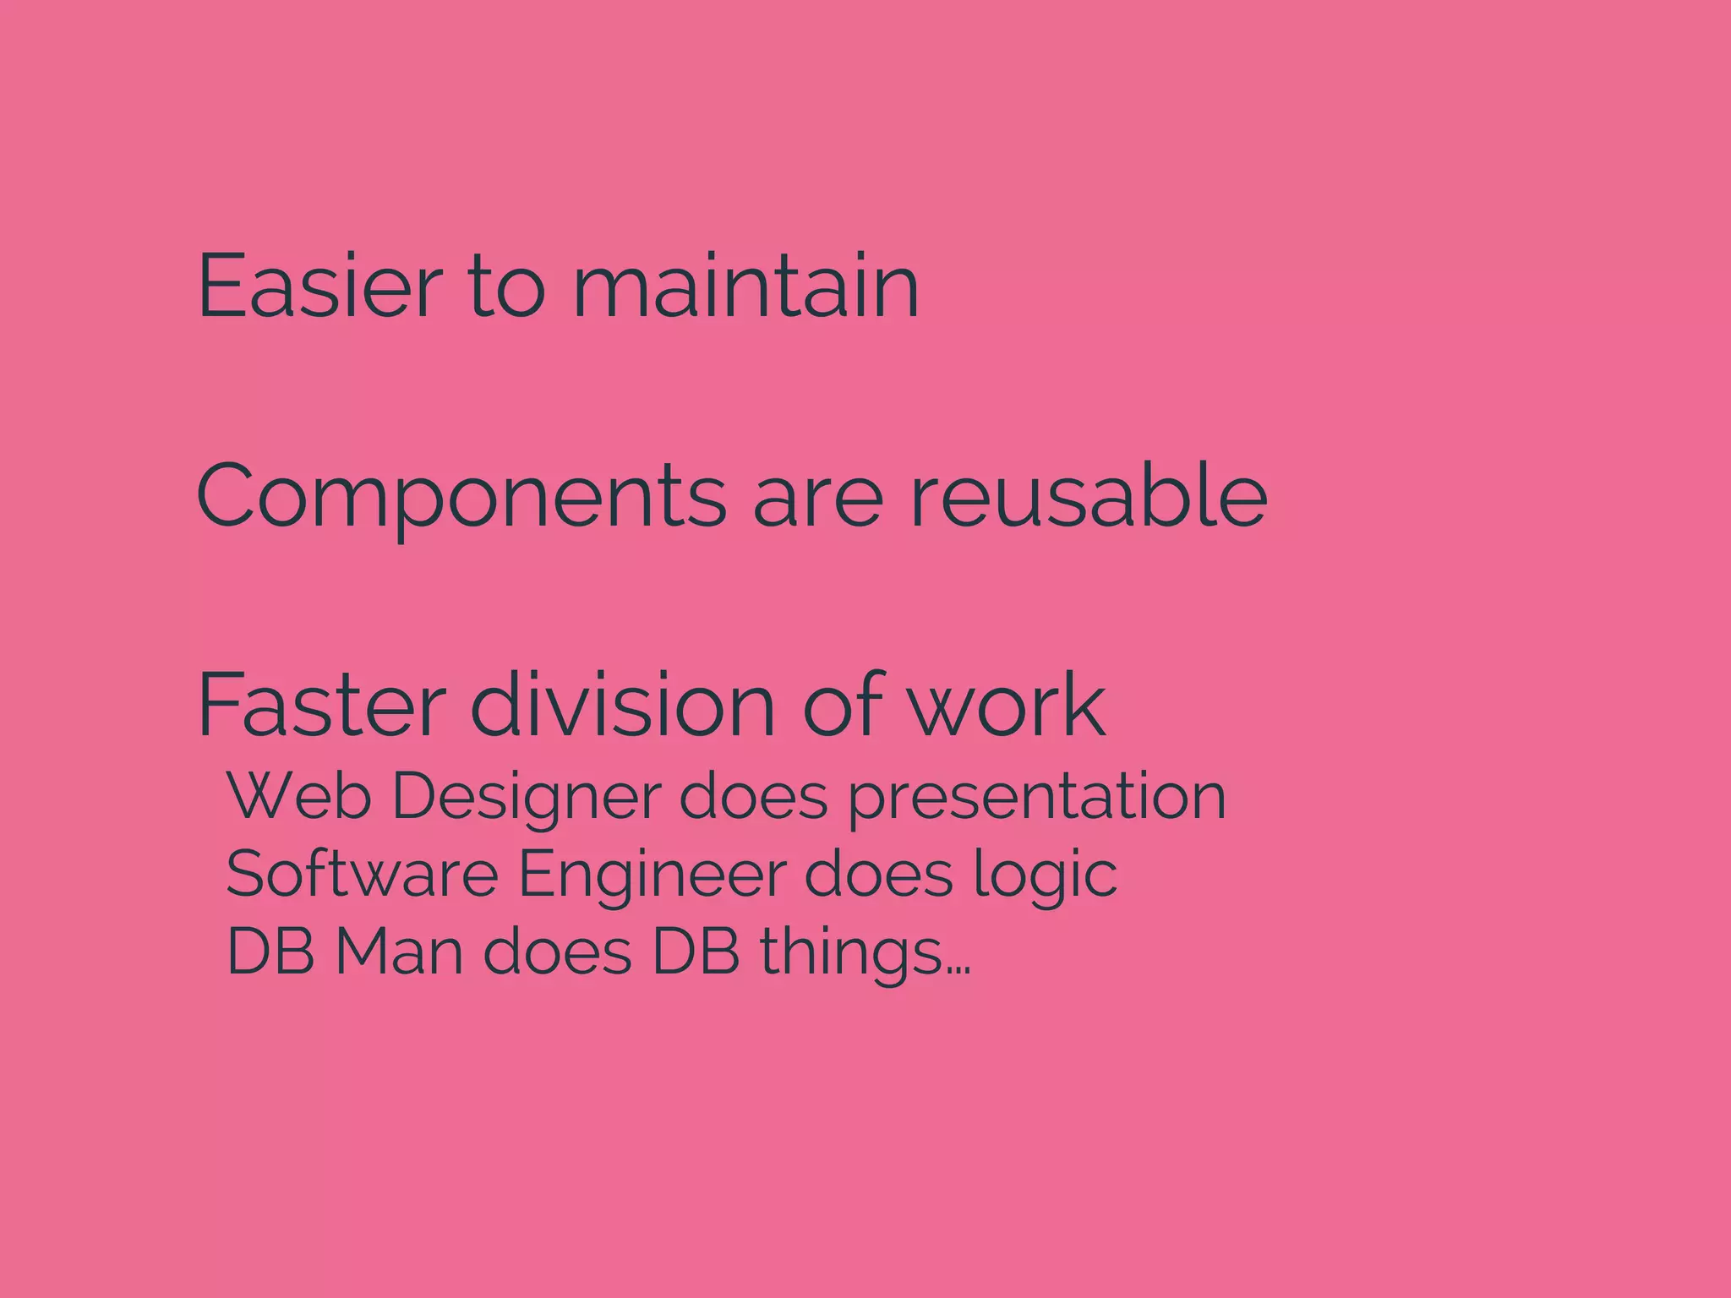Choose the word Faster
click(x=321, y=705)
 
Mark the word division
click(x=622, y=705)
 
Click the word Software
click(x=362, y=874)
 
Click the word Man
click(x=399, y=952)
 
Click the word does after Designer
click(x=753, y=796)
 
